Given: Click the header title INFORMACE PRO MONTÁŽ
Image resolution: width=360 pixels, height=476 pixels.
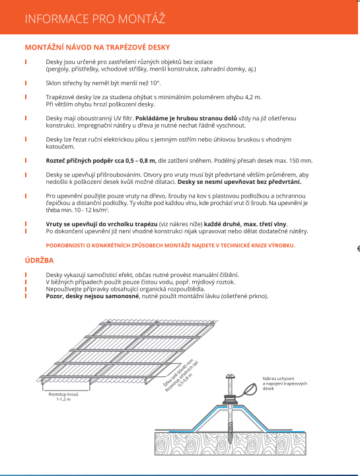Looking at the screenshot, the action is [x=95, y=19].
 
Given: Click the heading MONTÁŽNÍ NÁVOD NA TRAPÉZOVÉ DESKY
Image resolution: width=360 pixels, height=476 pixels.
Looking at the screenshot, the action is [x=97, y=48].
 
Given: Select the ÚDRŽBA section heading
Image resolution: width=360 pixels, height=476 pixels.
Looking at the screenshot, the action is [x=40, y=260].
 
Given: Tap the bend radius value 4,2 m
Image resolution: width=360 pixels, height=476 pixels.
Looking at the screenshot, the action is [x=253, y=97].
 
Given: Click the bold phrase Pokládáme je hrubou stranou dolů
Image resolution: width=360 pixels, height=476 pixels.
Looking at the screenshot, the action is [x=186, y=118].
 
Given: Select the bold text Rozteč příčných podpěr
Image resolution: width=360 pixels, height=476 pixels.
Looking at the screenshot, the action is [x=81, y=161].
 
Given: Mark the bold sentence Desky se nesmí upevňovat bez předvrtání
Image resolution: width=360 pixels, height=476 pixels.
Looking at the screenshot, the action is [x=239, y=182].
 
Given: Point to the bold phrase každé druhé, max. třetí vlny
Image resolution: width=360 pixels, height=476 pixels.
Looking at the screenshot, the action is [x=245, y=224].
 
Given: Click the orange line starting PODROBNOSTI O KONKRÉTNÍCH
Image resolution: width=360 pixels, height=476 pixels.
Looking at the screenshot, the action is [x=170, y=245].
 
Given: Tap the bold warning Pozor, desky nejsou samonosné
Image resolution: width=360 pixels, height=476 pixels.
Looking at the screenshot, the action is [x=92, y=296].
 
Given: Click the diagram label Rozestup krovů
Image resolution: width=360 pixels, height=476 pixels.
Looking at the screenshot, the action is [x=63, y=394].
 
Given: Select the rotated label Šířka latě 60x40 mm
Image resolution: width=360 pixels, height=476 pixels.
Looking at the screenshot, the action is [x=178, y=372].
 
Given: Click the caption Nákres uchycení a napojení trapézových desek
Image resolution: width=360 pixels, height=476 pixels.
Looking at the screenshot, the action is [x=285, y=383].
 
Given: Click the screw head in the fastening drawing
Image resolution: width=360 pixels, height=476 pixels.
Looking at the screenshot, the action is [x=231, y=377].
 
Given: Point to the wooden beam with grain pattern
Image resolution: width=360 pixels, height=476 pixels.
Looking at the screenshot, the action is [x=231, y=444].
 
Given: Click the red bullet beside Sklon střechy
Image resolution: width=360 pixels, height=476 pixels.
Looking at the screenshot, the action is [x=26, y=83].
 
